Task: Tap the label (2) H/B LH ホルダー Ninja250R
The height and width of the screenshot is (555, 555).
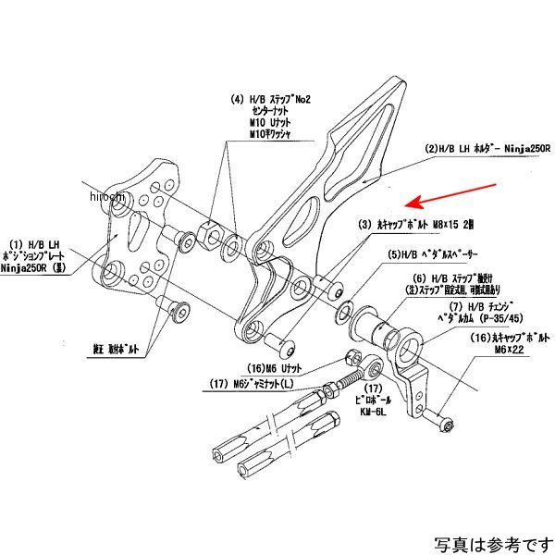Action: (x=487, y=148)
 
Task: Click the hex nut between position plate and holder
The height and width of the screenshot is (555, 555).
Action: (x=209, y=232)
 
